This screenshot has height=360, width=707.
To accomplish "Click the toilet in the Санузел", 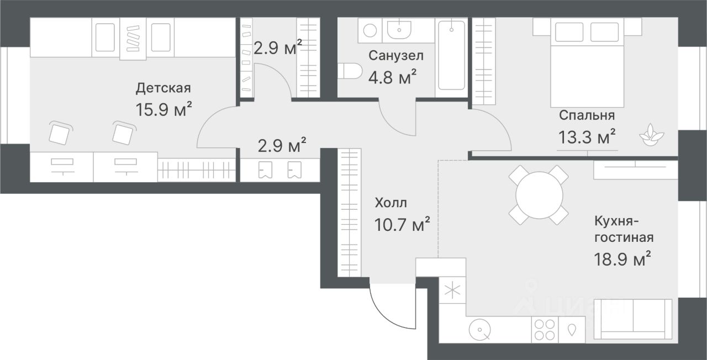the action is pos(350,71).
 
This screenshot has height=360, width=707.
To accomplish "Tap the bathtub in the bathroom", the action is pos(452,56).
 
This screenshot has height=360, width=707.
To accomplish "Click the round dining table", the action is pos(539,195).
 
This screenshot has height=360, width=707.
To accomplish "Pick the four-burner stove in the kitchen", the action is pos(545,330).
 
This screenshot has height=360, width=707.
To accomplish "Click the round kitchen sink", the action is pos(480,330).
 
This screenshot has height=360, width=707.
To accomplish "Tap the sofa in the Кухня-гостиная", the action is pos(633,319).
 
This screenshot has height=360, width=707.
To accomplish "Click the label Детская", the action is pos(163,88).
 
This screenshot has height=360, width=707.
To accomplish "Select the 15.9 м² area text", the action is pos(164,109).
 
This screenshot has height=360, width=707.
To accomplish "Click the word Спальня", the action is pos(587,115).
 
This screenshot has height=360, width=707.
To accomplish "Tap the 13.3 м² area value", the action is pos(587,136).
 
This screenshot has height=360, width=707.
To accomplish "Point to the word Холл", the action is pos(391,203).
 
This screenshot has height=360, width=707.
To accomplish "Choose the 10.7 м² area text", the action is pos(402,224).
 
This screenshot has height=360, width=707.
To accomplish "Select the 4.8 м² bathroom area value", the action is pos(392,77).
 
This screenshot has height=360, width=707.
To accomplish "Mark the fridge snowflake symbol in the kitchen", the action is pos(452,290).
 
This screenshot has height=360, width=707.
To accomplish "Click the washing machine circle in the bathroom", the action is pos(370,30).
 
